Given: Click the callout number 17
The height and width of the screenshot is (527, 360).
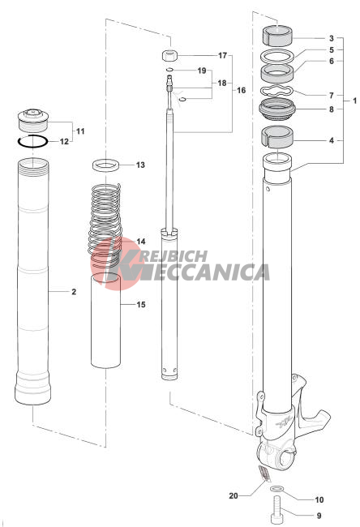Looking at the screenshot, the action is (x=222, y=55).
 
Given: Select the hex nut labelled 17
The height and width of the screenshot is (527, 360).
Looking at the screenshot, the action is (x=170, y=55).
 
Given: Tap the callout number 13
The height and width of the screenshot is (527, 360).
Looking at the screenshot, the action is (x=140, y=165).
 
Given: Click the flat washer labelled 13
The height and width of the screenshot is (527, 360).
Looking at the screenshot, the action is (x=106, y=165).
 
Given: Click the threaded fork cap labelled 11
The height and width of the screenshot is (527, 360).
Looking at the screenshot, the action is (x=33, y=121).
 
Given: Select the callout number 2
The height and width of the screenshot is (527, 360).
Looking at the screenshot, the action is (x=74, y=291).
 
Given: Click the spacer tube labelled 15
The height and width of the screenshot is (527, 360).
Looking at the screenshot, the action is (x=105, y=320).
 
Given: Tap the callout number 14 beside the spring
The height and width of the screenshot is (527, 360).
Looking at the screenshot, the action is (x=141, y=242).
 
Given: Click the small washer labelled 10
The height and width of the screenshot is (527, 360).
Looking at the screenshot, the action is (x=276, y=488).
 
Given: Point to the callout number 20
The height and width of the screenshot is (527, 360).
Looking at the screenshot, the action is (x=234, y=495).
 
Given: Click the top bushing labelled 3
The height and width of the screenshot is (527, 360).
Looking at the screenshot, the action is (x=277, y=36).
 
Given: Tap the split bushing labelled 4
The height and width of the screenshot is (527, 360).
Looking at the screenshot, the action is (x=277, y=137).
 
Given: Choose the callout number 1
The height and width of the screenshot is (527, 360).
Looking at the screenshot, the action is (x=354, y=101).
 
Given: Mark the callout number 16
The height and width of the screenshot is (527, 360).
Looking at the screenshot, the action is (x=242, y=90).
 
